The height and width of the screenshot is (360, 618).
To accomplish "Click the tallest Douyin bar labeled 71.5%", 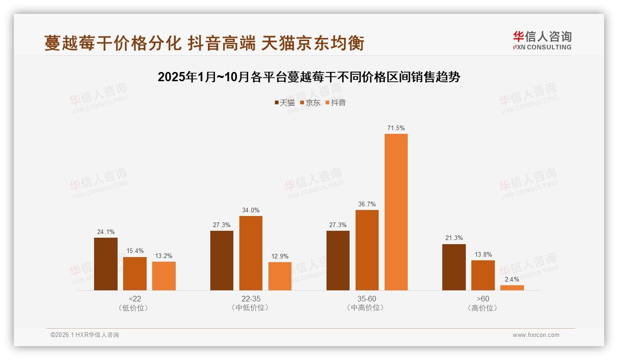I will [x=396, y=212].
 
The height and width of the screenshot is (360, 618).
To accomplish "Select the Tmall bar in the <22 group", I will [x=106, y=264].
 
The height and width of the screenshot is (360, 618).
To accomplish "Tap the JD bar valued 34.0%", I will [x=250, y=253].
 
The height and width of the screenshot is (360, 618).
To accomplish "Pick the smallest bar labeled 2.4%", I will [x=512, y=288].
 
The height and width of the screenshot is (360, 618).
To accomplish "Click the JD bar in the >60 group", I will [x=483, y=275].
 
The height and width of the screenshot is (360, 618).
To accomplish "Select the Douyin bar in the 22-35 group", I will [x=280, y=276].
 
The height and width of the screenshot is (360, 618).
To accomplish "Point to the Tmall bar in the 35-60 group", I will [x=338, y=260].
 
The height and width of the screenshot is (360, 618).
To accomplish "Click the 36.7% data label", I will [x=367, y=204].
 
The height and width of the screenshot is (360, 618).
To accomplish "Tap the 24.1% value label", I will [x=106, y=232].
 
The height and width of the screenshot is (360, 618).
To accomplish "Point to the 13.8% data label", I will [x=483, y=254].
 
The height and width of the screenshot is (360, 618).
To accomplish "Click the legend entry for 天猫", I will [x=285, y=103].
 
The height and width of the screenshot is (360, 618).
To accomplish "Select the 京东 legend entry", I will [x=310, y=103].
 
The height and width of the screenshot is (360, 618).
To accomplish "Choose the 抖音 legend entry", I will [x=336, y=103].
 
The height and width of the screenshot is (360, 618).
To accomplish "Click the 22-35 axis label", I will [x=250, y=299].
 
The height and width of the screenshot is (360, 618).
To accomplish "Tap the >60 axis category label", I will [x=483, y=299].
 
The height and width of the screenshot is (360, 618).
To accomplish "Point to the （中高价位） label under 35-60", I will [x=367, y=308].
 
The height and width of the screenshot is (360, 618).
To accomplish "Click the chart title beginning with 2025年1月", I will [x=309, y=77].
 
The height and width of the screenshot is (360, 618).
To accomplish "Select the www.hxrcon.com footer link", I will [x=536, y=335].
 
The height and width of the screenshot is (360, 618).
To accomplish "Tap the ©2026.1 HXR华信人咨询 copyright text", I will [x=85, y=335].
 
